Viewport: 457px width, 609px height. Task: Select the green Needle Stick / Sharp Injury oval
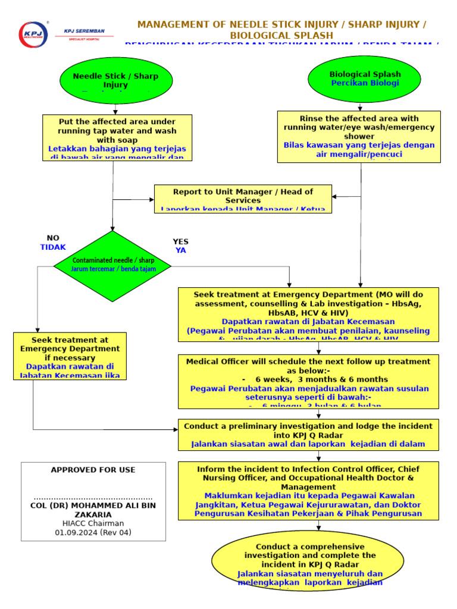[x=116, y=80]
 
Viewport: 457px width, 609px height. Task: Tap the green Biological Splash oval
[x=364, y=79]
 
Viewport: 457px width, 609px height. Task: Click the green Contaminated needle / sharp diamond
[x=112, y=265]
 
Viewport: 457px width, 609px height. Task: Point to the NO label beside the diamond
[x=53, y=238]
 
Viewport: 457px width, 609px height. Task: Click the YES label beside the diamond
[x=180, y=241]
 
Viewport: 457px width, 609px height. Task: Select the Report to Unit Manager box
[x=243, y=199]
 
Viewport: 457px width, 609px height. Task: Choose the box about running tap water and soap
[x=117, y=137]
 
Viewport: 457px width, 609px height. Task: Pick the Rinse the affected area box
[x=359, y=136]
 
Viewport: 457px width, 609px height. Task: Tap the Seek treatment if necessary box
[x=70, y=356]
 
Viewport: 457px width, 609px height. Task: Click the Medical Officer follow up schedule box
[x=308, y=381]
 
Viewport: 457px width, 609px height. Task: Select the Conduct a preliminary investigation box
[x=308, y=434]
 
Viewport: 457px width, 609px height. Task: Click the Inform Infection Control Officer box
[x=308, y=491]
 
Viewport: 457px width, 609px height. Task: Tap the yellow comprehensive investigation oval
[x=309, y=562]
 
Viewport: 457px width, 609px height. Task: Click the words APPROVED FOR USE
[x=93, y=470]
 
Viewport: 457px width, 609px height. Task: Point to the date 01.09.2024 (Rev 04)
[x=93, y=532]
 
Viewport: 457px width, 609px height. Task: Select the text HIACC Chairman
[x=93, y=523]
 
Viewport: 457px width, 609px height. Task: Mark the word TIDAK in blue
[x=53, y=247]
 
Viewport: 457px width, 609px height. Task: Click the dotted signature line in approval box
[x=93, y=498]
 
